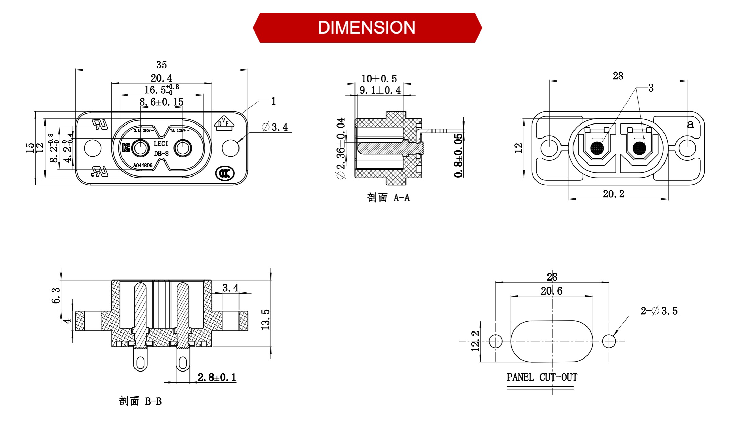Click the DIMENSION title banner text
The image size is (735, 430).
click(x=366, y=28)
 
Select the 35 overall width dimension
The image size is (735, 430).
click(x=162, y=65)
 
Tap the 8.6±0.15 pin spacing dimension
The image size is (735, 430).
click(x=162, y=102)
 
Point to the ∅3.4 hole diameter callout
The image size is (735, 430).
click(x=275, y=127)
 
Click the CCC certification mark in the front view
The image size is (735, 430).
click(x=225, y=173)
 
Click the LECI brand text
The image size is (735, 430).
click(x=161, y=144)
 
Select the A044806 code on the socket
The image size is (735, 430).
click(x=143, y=166)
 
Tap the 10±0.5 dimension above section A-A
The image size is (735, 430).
click(x=379, y=79)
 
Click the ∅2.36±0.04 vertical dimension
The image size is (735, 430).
click(x=341, y=148)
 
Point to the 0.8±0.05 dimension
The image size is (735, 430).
click(x=459, y=155)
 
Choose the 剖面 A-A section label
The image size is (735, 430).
click(x=388, y=198)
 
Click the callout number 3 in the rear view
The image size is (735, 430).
click(x=651, y=88)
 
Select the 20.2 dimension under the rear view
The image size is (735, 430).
click(x=614, y=194)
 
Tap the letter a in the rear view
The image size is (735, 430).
click(x=691, y=125)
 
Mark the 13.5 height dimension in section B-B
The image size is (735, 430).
click(x=266, y=320)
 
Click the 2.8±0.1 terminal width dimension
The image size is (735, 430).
click(x=217, y=377)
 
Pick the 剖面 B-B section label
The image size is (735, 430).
click(x=140, y=401)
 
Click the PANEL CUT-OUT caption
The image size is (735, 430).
click(x=542, y=377)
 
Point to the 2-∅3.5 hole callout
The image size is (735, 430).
click(x=659, y=311)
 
